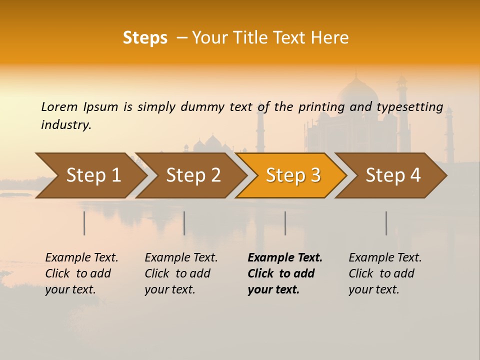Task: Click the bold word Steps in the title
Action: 145,38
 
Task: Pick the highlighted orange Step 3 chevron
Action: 293,175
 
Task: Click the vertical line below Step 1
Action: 84,223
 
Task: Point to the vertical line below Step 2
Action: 184,223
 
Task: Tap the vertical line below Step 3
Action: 285,223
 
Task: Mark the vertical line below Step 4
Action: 386,223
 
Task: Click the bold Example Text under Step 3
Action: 285,258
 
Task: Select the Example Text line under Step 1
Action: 81,258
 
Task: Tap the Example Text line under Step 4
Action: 385,258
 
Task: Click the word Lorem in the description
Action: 59,107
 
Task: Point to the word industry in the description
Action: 66,125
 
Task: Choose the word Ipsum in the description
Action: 101,107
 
